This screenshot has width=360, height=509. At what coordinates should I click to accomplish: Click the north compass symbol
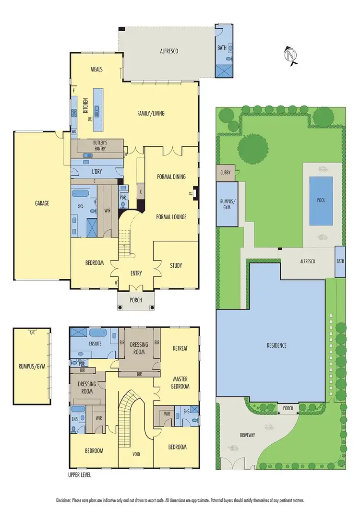click(x=290, y=55)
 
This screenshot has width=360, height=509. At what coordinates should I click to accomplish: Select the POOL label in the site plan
click(x=321, y=200)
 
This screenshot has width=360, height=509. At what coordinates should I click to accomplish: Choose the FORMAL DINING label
click(x=171, y=177)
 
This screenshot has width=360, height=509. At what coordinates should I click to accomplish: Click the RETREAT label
click(x=180, y=348)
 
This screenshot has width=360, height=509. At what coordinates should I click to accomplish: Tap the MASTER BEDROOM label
click(x=180, y=382)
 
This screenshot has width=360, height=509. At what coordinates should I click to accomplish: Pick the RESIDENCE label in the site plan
click(x=276, y=345)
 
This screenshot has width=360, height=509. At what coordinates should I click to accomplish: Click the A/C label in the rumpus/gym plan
click(x=32, y=332)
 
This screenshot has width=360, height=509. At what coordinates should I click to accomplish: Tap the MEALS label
click(x=97, y=69)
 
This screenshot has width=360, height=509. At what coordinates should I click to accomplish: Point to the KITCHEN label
click(x=86, y=105)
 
